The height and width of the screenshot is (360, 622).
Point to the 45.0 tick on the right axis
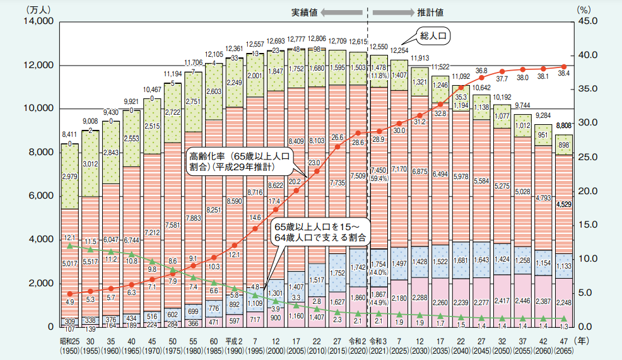(x=589, y=22)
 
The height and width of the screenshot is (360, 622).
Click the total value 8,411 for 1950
(x=69, y=134)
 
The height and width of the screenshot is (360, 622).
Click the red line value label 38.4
(x=563, y=74)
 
